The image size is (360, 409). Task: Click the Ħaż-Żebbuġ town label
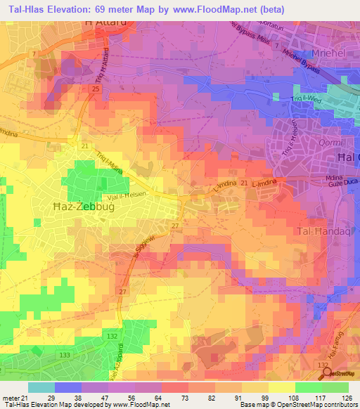(84, 208)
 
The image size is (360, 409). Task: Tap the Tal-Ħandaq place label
(324, 231)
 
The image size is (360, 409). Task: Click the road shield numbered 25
(94, 89)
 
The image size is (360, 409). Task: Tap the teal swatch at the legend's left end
(41, 387)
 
